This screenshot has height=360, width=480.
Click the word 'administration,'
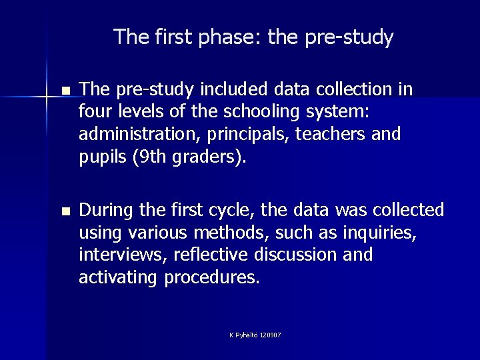(x=131, y=135)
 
